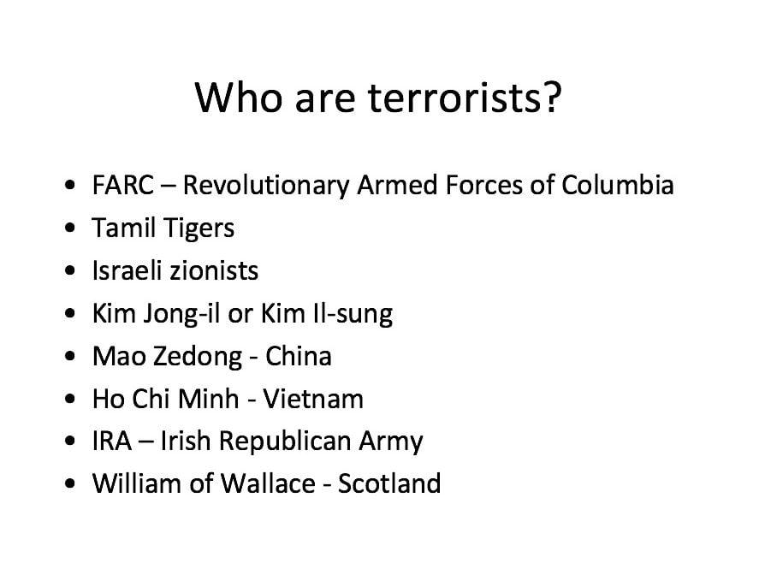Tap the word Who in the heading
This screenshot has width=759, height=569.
(238, 98)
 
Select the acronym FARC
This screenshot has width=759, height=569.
(123, 186)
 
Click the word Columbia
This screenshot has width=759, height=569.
(617, 186)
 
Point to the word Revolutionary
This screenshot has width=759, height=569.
(266, 187)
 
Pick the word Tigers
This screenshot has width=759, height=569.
(199, 228)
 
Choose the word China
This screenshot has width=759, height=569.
(298, 356)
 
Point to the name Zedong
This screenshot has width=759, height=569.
(198, 357)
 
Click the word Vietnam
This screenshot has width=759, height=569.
(313, 400)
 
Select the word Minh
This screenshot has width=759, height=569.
(209, 400)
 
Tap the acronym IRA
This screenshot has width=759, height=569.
(112, 442)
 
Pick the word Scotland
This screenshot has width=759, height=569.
(389, 483)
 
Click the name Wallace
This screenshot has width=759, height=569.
(268, 483)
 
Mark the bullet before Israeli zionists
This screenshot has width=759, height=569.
(70, 270)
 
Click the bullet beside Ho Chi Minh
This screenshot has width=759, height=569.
(70, 400)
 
